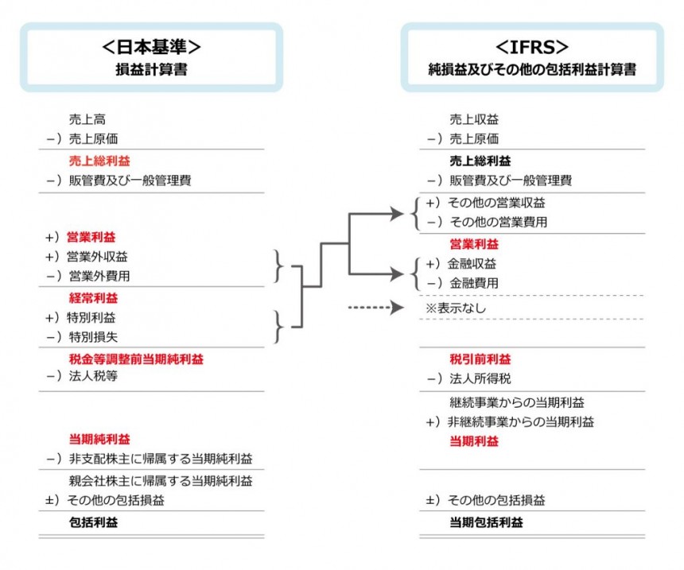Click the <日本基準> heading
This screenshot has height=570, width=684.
[151, 47]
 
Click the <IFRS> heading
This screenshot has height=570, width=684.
[532, 47]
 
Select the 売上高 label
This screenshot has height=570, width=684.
[87, 119]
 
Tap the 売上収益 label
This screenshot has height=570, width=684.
[474, 119]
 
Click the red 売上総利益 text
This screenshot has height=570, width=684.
[99, 161]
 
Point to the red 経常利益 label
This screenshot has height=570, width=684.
[93, 298]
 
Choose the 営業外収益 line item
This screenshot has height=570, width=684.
[97, 257]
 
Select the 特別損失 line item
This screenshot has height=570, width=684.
[93, 337]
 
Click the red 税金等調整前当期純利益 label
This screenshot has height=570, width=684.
[136, 359]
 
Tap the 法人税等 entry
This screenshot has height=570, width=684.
[93, 376]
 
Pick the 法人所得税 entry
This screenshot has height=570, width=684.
[480, 378]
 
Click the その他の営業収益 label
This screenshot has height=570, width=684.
[496, 203]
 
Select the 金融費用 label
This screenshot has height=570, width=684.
[474, 283]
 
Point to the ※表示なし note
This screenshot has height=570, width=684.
[456, 308]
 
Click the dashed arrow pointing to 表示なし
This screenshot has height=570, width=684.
[376, 308]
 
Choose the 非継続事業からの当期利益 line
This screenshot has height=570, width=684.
[521, 421]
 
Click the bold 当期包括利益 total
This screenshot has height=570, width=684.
[487, 522]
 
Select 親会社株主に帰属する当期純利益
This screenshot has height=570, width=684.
[161, 481]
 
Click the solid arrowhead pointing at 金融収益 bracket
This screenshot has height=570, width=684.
[397, 274]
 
